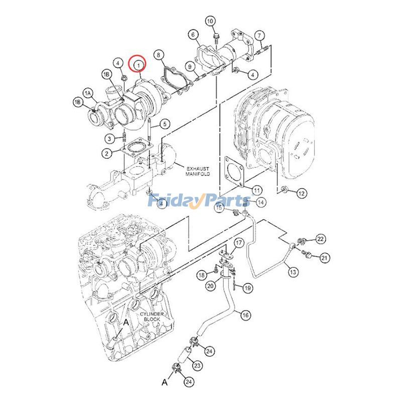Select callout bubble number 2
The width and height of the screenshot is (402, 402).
(109, 152)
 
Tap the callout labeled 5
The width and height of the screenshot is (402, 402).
(165, 124)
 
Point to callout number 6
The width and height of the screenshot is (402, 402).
(193, 35)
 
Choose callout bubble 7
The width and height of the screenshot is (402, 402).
(259, 35)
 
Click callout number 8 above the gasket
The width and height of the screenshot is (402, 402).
(158, 54)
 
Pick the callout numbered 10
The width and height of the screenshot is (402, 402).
(210, 21)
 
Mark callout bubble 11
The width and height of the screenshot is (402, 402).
(257, 190)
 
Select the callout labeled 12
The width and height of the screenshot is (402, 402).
(301, 193)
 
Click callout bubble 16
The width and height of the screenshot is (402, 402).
(245, 315)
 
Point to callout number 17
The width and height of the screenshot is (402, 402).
(239, 243)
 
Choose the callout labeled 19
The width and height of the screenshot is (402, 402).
(247, 288)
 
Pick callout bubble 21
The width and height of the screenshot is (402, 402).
(324, 258)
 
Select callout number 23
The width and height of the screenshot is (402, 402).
(197, 365)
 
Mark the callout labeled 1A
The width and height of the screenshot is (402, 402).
(88, 93)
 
